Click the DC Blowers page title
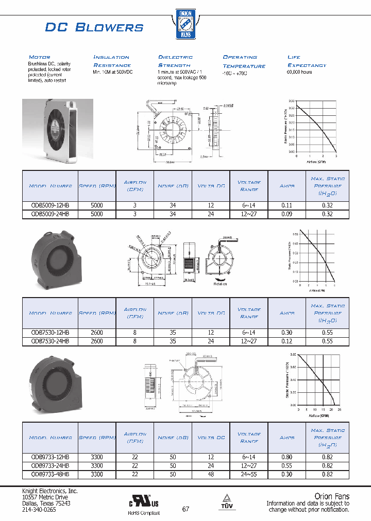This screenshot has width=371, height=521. tap(94, 27)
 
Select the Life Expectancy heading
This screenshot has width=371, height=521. tap(307, 61)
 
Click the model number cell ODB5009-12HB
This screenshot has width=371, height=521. tap(50, 205)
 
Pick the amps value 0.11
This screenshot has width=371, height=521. tap(286, 205)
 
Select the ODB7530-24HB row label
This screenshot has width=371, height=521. tap(50, 341)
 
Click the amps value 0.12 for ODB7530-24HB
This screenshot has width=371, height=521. tap(286, 341)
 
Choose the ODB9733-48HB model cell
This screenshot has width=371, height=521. tap(50, 475)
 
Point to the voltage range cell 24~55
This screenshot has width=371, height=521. tap(249, 475)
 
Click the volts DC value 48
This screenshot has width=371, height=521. tap(210, 475)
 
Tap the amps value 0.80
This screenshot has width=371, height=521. tap(286, 457)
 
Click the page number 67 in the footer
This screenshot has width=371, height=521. tap(185, 509)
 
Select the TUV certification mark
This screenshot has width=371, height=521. tap(227, 503)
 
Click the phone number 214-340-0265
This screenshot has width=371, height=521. tap(39, 509)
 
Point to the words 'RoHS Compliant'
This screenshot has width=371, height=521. tap(144, 513)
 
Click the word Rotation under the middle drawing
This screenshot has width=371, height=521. tap(221, 284)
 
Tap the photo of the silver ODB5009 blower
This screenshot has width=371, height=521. tap(58, 128)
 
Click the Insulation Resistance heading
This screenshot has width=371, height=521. tap(112, 61)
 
